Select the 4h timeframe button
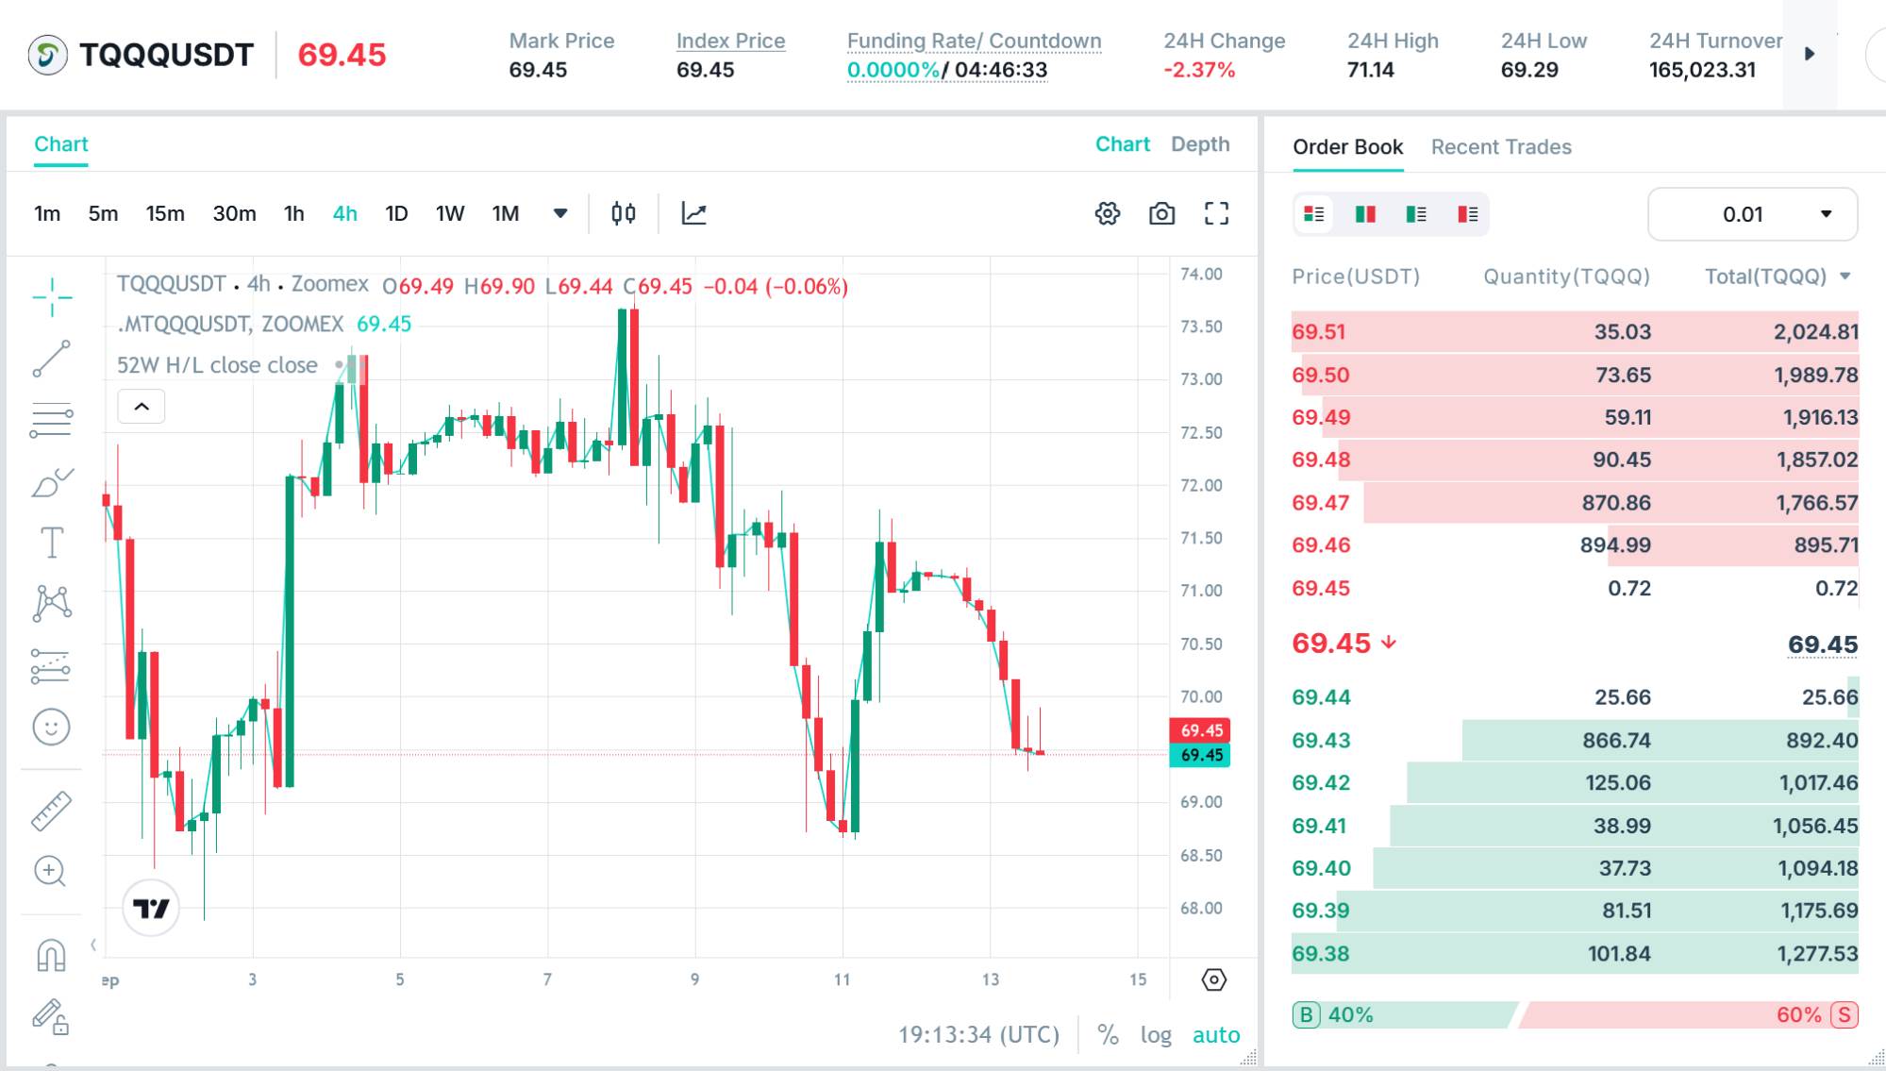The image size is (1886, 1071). point(344,214)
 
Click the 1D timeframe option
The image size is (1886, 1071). point(396,214)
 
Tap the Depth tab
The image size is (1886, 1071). point(1200,144)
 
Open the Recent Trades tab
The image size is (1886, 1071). point(1501,147)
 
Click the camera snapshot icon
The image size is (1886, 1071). point(1161,214)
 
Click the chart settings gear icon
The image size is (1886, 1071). point(1108,214)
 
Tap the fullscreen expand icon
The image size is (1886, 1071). point(1216,214)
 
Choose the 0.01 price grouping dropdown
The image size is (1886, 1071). point(1752,214)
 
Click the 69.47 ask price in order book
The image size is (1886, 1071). point(1321,503)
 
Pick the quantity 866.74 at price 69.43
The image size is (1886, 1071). point(1616,741)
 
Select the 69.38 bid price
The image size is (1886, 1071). point(1321,954)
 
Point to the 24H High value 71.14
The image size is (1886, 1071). point(1371,70)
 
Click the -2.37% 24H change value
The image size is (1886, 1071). point(1199,70)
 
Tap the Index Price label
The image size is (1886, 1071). point(730,41)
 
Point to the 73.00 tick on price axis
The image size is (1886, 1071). point(1201,379)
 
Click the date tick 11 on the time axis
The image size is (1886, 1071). point(842,979)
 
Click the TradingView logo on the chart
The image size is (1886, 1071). point(151,908)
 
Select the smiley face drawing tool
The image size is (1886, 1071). point(51,728)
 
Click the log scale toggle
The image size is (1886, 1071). point(1156,1035)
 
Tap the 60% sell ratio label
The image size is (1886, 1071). point(1798,1015)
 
